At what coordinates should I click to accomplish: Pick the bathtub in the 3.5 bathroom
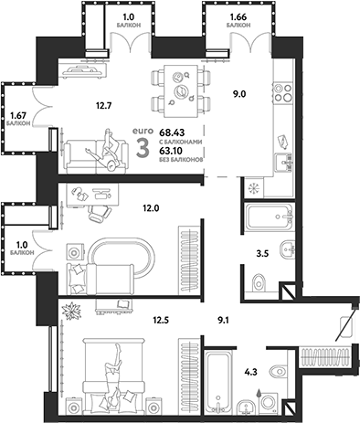click(268, 219)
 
